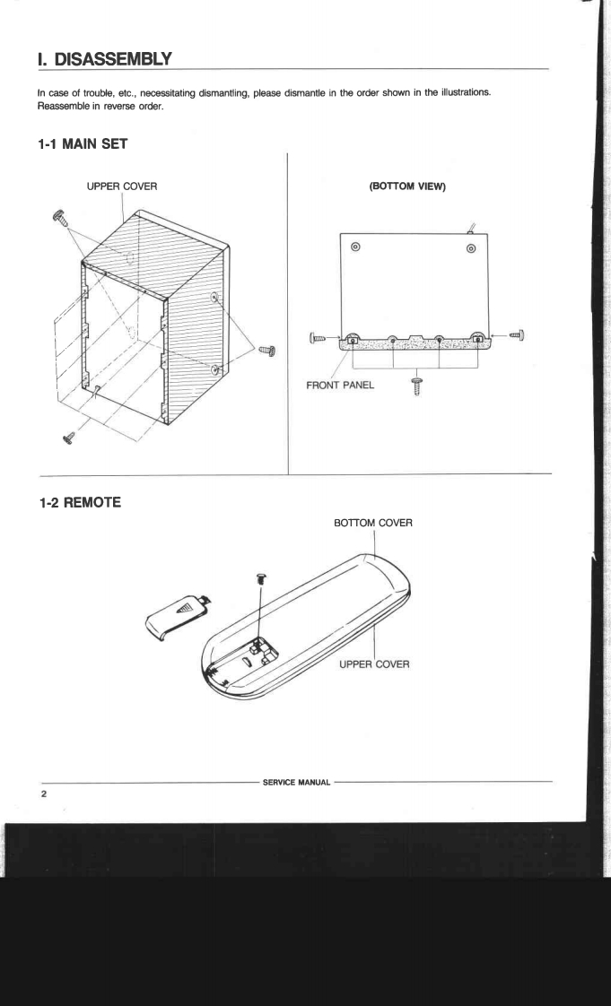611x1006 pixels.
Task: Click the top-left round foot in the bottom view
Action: (x=356, y=247)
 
